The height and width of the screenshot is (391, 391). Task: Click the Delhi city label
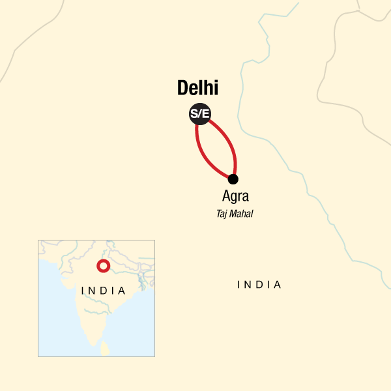pos(197,89)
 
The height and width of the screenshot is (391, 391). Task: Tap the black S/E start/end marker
pos(199,115)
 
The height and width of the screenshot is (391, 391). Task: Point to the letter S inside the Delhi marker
pos(194,115)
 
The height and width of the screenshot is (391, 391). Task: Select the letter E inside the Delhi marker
pos(205,115)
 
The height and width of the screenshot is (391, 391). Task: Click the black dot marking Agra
pos(233,179)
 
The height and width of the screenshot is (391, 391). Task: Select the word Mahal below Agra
pos(242,212)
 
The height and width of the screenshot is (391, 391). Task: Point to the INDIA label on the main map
pos(259,285)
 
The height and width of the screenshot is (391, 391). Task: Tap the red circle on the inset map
pos(102,266)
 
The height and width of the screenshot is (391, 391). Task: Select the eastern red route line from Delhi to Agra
pos(229,143)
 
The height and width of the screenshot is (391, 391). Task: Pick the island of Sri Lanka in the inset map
pos(104,349)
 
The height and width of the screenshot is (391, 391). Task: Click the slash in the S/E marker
pos(199,115)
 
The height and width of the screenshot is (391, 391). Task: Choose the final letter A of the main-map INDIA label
pos(278,285)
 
